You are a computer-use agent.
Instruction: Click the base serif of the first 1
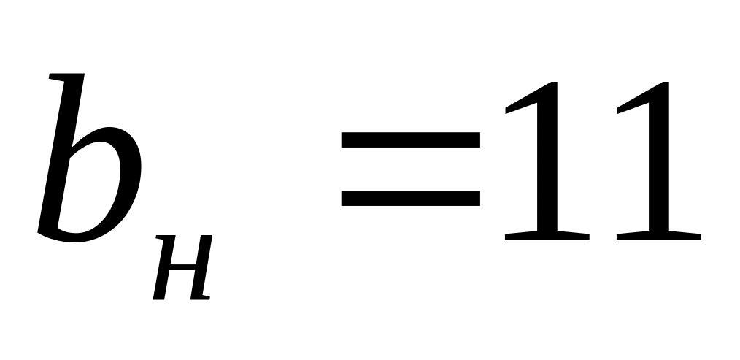pyautogui.click(x=546, y=236)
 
